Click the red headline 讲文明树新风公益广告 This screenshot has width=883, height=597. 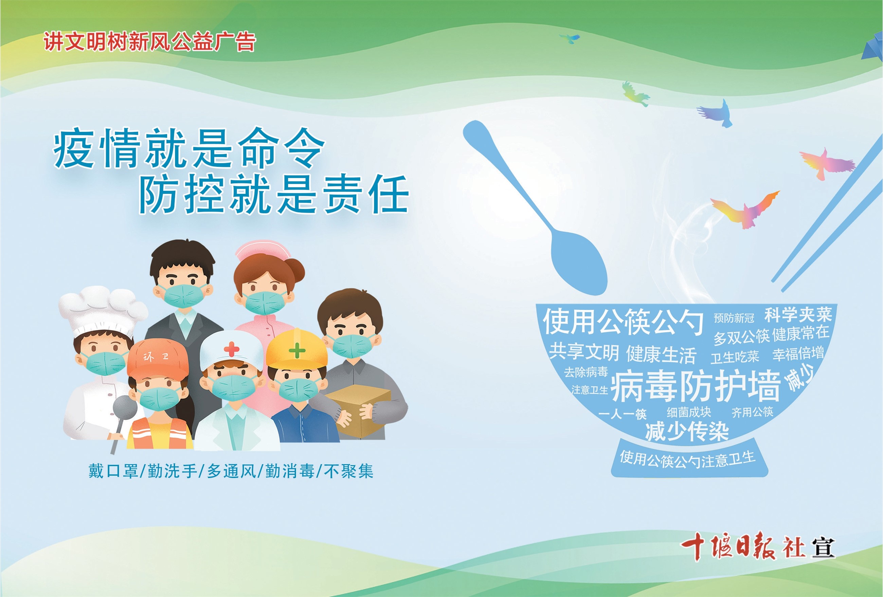pyautogui.click(x=149, y=41)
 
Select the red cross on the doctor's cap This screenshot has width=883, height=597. pyautogui.click(x=231, y=349)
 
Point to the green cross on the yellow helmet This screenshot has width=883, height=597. pyautogui.click(x=297, y=350)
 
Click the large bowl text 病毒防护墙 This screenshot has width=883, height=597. pyautogui.click(x=695, y=386)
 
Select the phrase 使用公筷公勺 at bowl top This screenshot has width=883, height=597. pyautogui.click(x=623, y=322)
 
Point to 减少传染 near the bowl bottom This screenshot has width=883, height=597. pyautogui.click(x=687, y=431)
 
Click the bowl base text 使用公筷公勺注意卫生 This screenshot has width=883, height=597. pyautogui.click(x=687, y=459)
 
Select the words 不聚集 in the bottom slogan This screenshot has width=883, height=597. pyautogui.click(x=348, y=471)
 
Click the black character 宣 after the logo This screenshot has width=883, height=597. pyautogui.click(x=823, y=548)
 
